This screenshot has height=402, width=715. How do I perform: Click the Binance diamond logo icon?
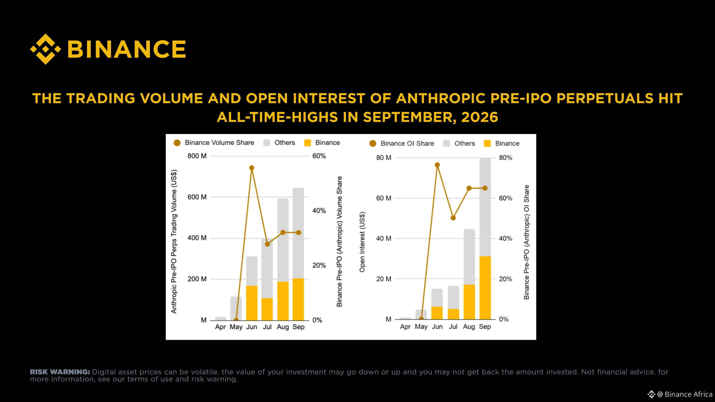46,49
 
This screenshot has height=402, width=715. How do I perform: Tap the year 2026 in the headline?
480,117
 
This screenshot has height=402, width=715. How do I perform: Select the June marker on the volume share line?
251,168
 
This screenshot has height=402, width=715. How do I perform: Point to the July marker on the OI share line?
453,218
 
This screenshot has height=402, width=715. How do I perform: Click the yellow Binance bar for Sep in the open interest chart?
485,288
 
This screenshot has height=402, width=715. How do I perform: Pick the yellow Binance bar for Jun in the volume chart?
252,303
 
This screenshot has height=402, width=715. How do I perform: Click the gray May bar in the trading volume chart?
236,308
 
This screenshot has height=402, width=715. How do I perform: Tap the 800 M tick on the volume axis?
197,156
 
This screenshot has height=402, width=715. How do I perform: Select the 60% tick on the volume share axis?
319,156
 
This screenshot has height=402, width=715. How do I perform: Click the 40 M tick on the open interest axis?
384,239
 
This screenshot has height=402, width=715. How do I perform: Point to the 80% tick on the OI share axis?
506,158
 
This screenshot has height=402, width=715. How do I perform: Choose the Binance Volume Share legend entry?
214,143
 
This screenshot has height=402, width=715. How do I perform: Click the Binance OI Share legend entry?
402,144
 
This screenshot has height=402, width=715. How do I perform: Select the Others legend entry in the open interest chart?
459,144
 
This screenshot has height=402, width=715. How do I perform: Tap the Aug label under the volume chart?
283,327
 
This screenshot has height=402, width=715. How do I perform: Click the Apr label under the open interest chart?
405,327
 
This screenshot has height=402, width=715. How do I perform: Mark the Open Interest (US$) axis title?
362,242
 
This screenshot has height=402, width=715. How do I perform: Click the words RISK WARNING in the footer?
60,372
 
